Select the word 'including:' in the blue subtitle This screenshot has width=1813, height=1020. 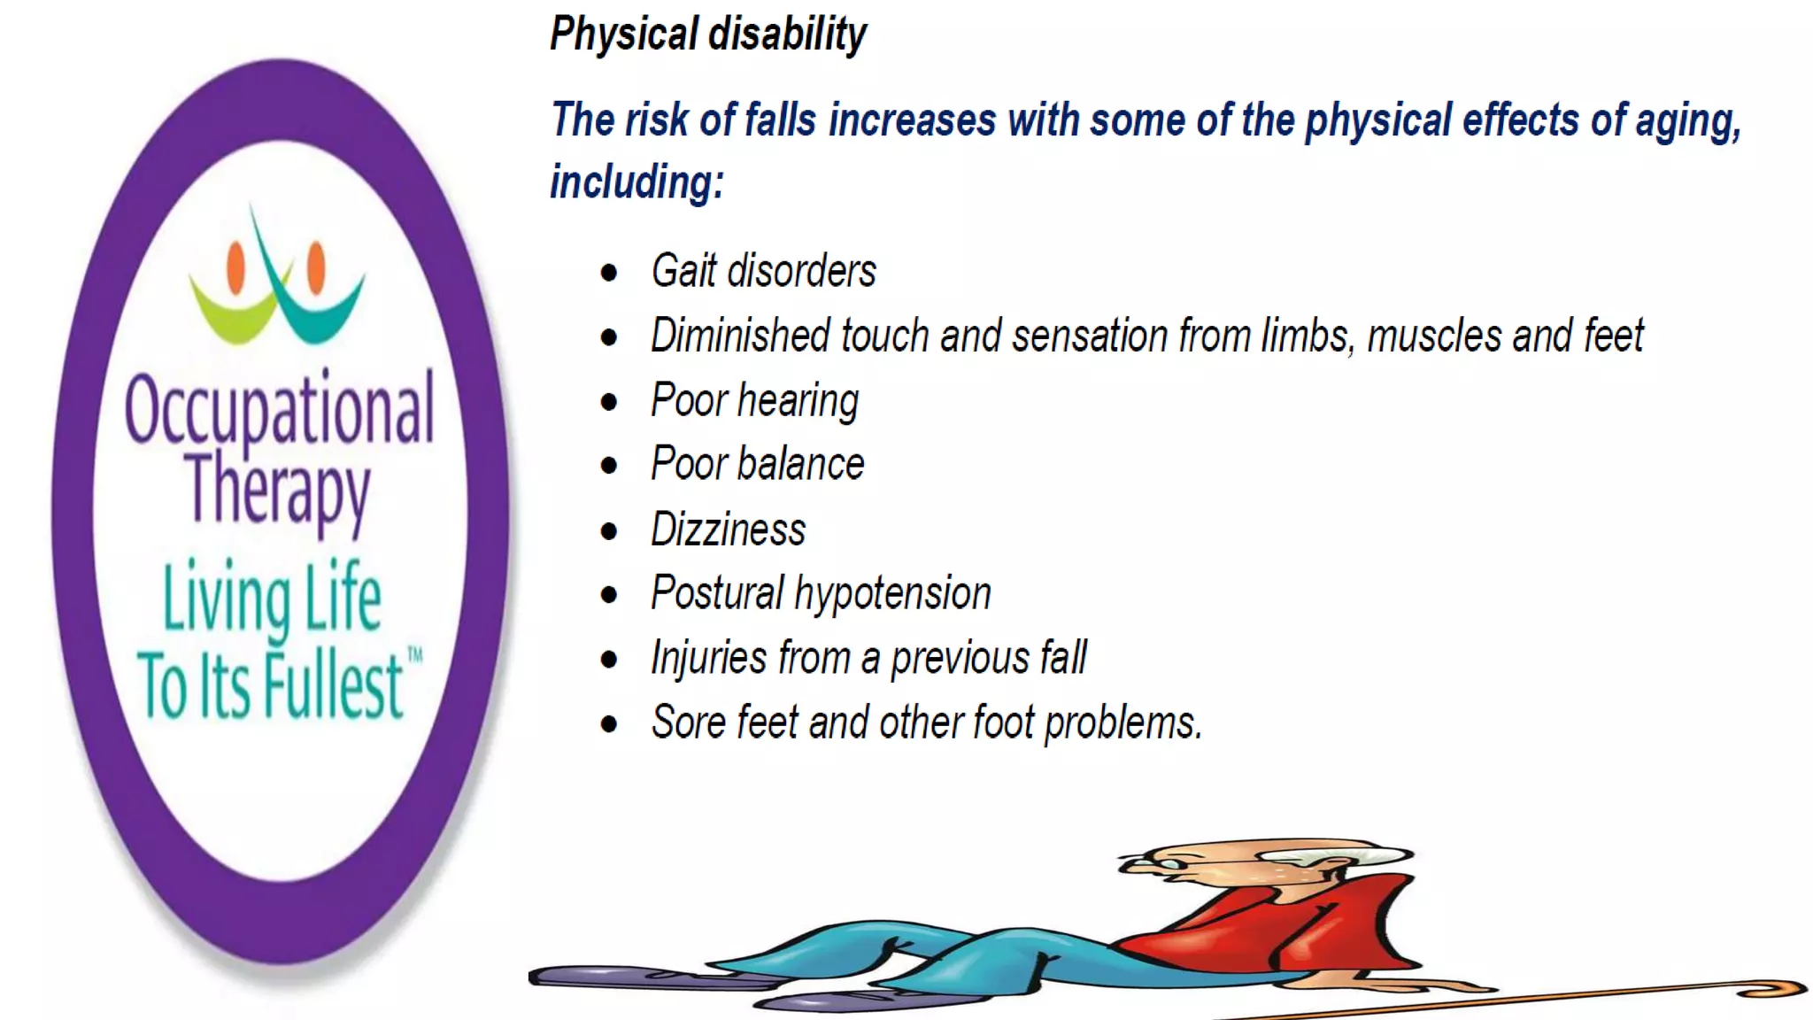click(637, 183)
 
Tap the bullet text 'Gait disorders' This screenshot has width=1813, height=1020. click(763, 271)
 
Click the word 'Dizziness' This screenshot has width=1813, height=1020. click(728, 529)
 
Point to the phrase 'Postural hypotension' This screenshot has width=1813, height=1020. click(821, 593)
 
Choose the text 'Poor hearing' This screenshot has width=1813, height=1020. click(754, 400)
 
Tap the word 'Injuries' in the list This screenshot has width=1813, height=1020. click(708, 659)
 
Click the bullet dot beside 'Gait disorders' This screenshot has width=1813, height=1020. click(608, 273)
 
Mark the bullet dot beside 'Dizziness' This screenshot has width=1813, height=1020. click(608, 531)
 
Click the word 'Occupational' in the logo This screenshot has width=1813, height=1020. click(280, 409)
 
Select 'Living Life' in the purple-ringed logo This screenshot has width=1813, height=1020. click(272, 598)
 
